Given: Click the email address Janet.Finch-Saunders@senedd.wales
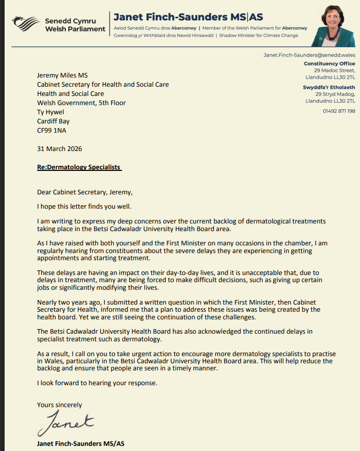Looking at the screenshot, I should point(309,55).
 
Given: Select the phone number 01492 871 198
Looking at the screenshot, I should point(339,111).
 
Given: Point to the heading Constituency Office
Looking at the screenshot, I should point(329,64).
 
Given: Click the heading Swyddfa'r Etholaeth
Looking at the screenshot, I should point(329,87).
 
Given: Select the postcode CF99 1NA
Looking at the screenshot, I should point(53,131).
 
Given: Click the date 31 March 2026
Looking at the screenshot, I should point(59,149).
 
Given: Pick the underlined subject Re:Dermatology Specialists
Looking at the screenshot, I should point(79,167).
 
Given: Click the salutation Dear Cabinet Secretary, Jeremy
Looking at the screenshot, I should point(84,192).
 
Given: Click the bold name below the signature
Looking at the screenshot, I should point(81,444).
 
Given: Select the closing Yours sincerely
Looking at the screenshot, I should point(59,405).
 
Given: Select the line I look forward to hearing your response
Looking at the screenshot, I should point(97,383).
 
